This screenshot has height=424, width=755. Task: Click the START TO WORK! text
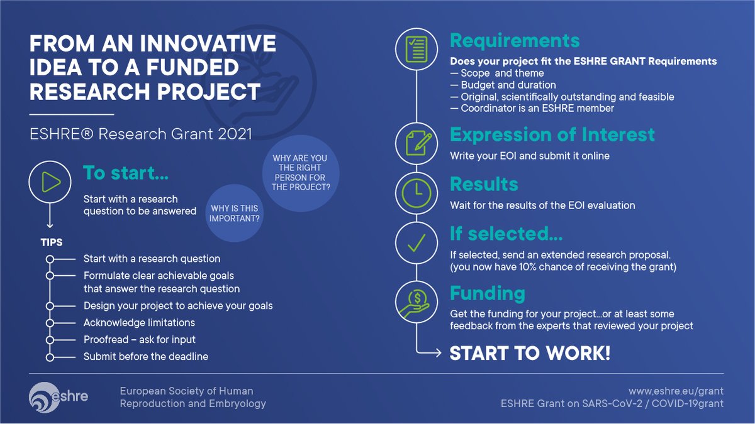coord(530,353)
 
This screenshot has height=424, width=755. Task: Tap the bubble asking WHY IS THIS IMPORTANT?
coord(234,214)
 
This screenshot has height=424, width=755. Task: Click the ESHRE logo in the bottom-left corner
coord(59,396)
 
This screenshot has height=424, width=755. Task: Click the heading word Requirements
coord(514,41)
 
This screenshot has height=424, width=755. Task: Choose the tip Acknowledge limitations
coord(139,323)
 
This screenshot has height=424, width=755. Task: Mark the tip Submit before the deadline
coord(145,356)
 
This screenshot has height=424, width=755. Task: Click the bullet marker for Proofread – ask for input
coord(50,340)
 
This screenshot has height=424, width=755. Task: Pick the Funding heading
coord(487,293)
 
